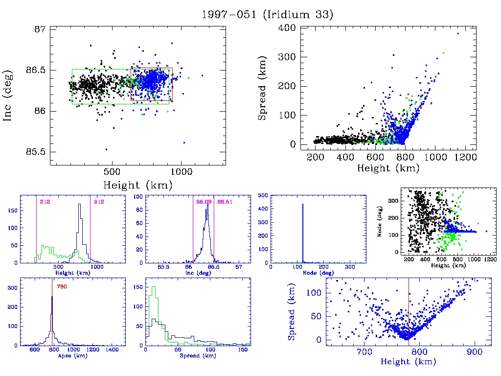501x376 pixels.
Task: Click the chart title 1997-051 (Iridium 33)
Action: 267,14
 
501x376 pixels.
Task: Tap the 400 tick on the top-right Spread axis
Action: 284,27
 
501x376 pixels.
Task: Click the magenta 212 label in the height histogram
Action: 45,202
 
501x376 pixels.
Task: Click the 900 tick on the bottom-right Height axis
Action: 474,351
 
